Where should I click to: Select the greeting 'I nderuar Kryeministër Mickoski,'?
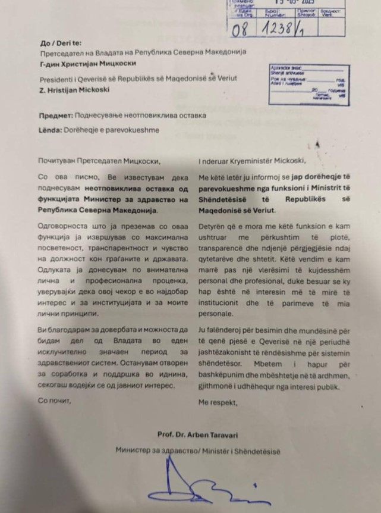click(254, 160)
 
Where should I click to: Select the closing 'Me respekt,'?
click(217, 403)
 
